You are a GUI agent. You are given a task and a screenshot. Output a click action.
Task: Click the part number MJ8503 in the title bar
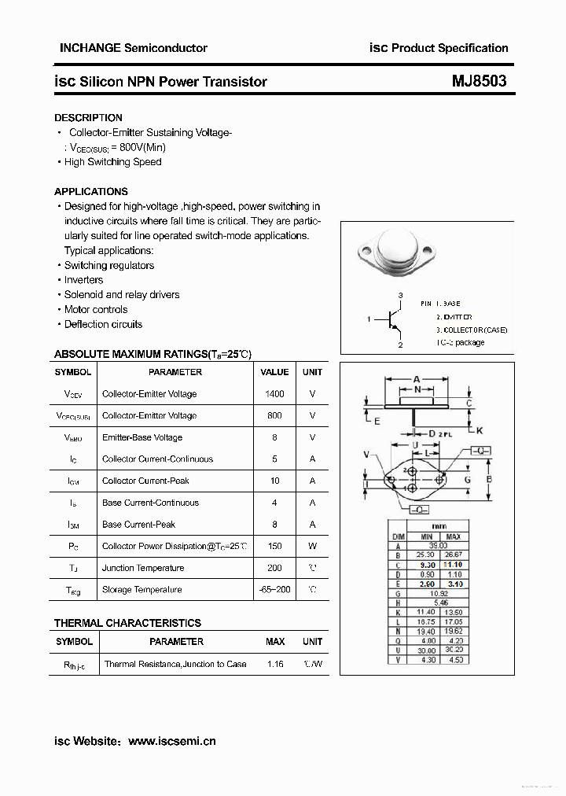(479, 81)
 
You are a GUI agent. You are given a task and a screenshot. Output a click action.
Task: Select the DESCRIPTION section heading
(88, 117)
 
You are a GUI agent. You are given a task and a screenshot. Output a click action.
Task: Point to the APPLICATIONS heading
(90, 191)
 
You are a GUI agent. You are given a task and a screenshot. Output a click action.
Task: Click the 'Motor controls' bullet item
(96, 309)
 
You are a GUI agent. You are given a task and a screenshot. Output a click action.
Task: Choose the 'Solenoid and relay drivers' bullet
(122, 294)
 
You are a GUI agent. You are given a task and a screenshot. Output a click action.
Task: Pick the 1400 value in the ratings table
(274, 393)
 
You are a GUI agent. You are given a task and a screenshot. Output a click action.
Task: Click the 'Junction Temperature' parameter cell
(142, 568)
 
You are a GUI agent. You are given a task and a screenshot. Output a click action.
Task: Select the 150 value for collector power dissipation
(274, 546)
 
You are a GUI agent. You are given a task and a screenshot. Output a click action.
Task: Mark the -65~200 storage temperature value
(274, 589)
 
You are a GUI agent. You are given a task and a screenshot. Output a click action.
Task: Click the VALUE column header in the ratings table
(274, 372)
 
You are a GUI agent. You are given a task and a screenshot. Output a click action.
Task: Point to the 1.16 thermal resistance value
(274, 664)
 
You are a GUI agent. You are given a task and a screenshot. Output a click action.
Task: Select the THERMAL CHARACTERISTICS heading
(127, 623)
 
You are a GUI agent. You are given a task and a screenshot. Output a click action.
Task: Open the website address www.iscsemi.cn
(171, 741)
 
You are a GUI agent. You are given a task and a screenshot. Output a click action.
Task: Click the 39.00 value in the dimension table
(437, 545)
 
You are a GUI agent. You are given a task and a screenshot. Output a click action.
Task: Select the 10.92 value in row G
(437, 593)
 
